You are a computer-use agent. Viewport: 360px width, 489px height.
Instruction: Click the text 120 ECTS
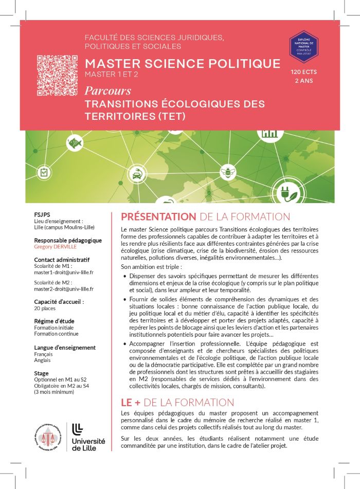[304, 72]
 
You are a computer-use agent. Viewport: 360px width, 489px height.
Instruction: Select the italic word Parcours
[108, 92]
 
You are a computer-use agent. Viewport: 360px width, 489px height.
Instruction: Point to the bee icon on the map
[226, 172]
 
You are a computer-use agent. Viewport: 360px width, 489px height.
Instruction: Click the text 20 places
[45, 309]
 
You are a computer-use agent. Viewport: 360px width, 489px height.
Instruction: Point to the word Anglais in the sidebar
[42, 360]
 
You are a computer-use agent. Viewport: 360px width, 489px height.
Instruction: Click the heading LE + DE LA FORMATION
[177, 402]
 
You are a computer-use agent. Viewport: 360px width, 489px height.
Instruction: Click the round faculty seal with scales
[50, 436]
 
